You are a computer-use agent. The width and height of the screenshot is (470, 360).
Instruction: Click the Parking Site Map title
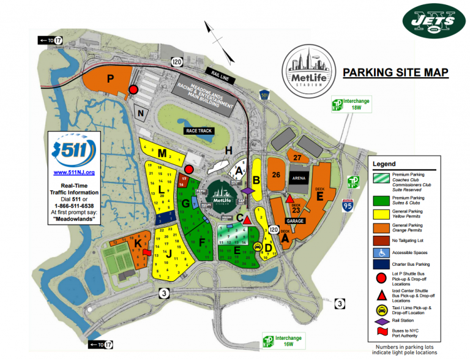click(395, 73)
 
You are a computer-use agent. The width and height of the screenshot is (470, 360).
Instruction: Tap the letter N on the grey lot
click(141, 113)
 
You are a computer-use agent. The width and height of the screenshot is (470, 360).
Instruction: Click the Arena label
click(299, 178)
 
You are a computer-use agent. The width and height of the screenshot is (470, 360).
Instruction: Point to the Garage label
click(295, 221)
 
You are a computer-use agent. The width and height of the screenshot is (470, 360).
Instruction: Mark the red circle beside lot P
click(133, 91)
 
